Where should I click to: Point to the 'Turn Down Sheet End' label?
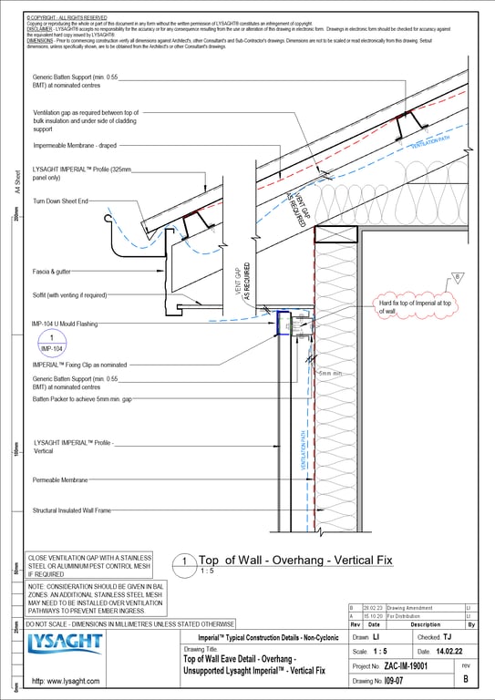60,200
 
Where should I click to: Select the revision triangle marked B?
458,277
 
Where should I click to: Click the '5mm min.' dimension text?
332,374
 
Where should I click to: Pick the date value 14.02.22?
447,652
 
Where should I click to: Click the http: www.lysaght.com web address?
66,681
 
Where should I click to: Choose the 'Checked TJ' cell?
435,637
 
